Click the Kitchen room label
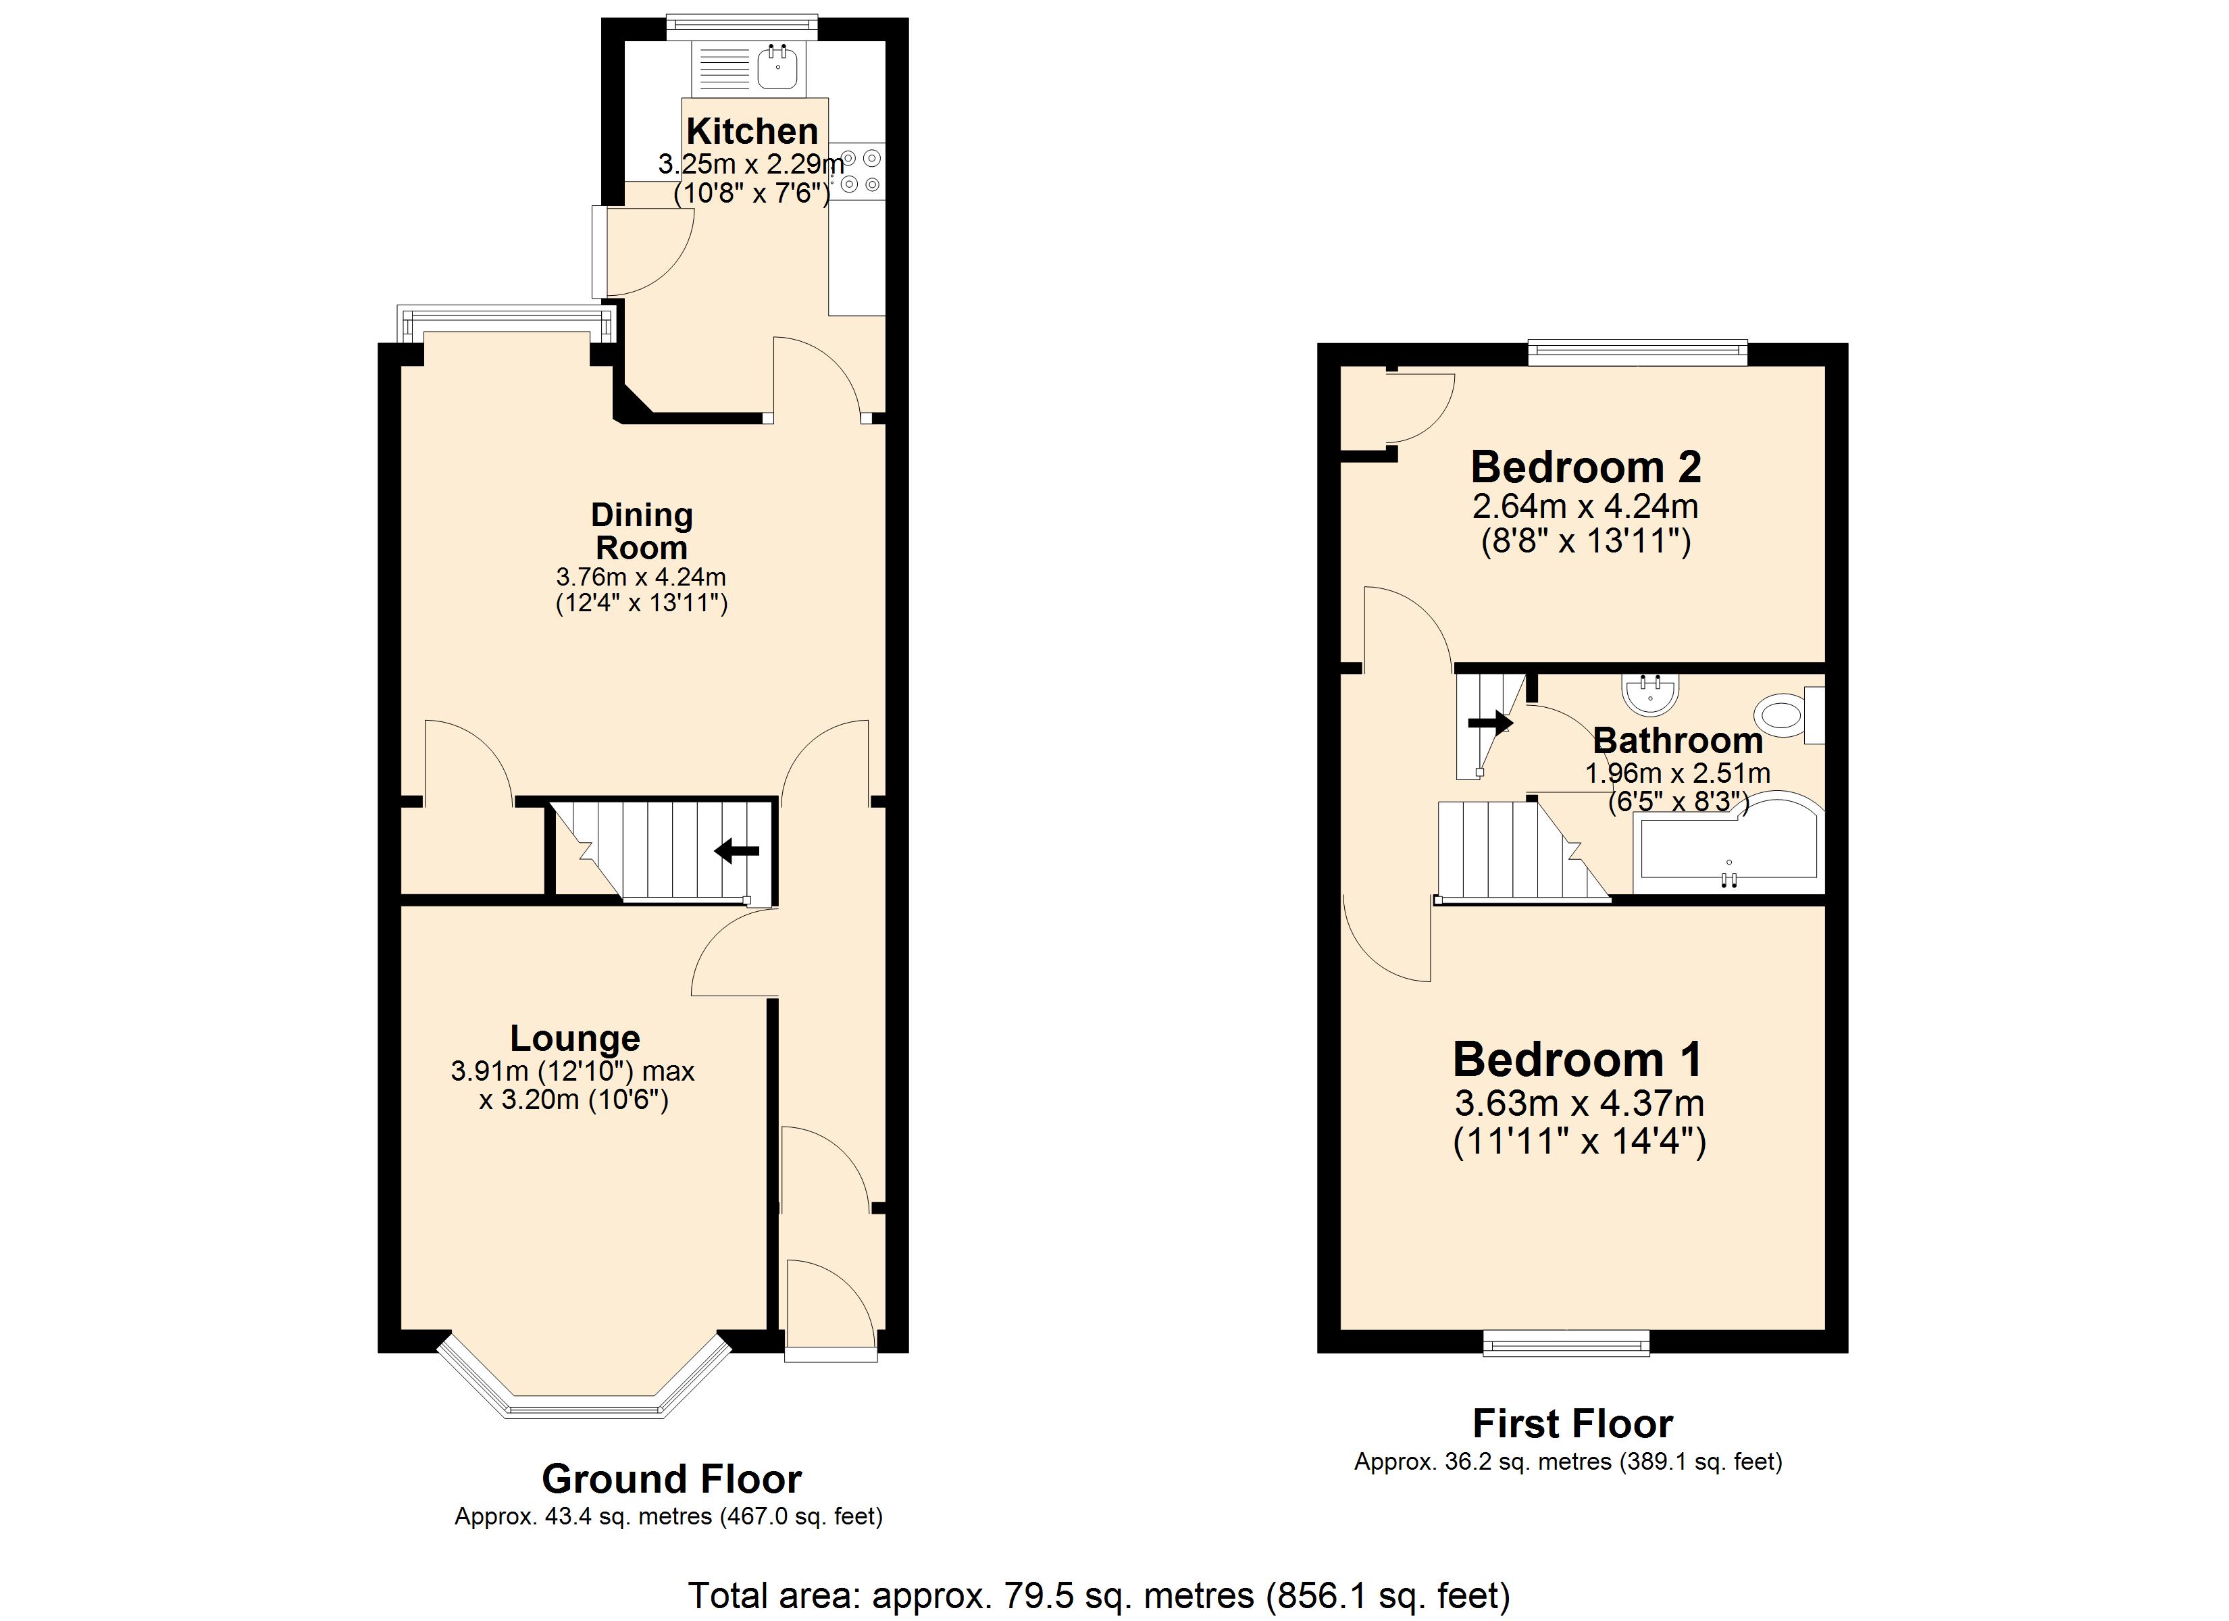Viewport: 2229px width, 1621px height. point(752,131)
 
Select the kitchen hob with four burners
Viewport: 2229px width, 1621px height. point(858,170)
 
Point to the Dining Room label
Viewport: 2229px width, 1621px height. point(642,531)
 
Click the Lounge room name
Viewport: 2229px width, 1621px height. point(575,1038)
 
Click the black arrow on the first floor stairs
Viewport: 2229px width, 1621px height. point(1490,723)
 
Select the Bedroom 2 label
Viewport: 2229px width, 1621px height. point(1585,467)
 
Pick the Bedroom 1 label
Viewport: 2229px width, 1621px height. point(1577,1060)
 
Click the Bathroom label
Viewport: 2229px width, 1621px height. point(1678,740)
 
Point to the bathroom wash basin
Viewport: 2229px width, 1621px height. point(1651,694)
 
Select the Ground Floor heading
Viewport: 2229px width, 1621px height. point(671,1478)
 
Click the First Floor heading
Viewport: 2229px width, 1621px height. point(1572,1423)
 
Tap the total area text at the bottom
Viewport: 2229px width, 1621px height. point(1099,1595)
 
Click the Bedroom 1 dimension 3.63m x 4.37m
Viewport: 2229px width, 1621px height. point(1579,1103)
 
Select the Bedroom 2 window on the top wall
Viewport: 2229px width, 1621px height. point(1637,352)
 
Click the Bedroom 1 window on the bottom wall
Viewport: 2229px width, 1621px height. point(1566,1344)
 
